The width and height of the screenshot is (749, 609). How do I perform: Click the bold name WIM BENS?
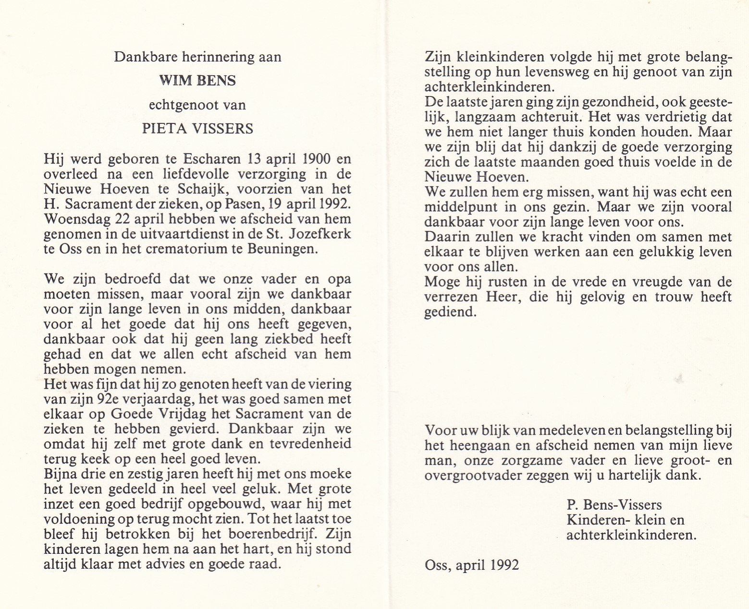pos(197,81)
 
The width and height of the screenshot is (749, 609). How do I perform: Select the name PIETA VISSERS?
pos(197,129)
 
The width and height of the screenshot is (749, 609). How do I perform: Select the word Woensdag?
pos(75,219)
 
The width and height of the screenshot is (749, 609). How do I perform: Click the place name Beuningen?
pos(286,249)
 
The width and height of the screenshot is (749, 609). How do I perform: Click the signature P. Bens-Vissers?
pos(614,505)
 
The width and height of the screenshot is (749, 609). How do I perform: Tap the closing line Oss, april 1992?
pos(472,565)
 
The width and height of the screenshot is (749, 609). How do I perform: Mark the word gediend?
pos(450,312)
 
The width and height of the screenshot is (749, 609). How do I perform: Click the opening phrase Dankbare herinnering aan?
pos(197,57)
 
